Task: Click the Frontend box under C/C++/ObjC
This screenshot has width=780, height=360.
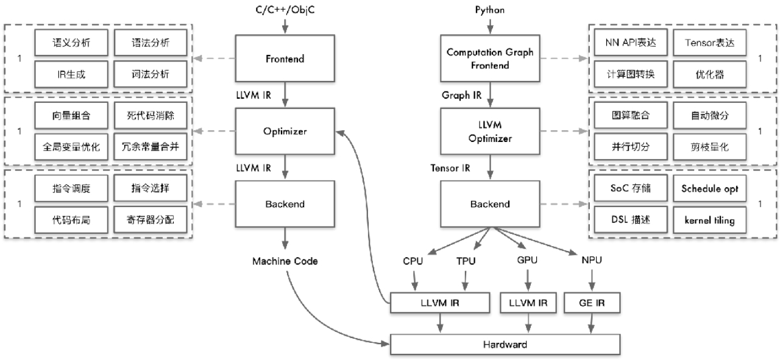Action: point(285,59)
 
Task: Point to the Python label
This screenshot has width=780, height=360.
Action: point(489,10)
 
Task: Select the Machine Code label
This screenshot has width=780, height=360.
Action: point(285,261)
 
